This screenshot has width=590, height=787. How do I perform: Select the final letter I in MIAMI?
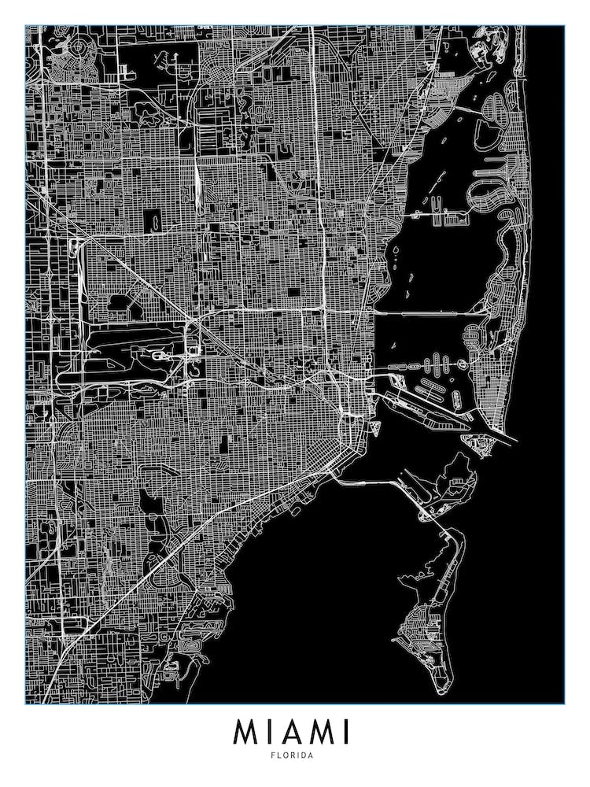(x=345, y=732)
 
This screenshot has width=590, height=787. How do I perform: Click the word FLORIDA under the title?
(x=295, y=756)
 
